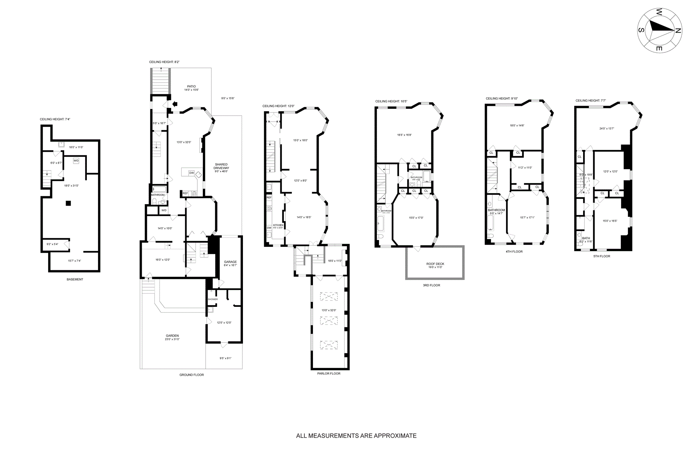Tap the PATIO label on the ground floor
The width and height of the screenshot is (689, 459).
tap(191, 86)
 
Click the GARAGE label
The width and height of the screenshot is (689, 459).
tap(230, 262)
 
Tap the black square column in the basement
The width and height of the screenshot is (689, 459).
tap(68, 203)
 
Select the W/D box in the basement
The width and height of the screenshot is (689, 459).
tap(76, 161)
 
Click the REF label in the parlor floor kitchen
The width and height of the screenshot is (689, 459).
tap(269, 198)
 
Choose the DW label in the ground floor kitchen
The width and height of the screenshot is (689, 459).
tap(192, 173)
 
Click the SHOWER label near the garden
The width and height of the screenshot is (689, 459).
tap(213, 299)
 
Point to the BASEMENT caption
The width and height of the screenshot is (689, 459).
tap(75, 279)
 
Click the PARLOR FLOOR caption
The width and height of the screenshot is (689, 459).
tap(329, 373)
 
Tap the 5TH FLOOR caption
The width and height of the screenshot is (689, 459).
tap(602, 256)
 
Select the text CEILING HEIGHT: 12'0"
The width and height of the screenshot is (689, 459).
tap(278, 106)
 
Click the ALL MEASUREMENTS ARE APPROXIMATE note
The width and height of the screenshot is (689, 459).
tap(356, 436)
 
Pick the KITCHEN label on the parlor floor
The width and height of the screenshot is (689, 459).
tap(278, 225)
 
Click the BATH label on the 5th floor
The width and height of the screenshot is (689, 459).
tap(586, 238)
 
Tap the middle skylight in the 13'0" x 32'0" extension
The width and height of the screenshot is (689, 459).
tap(329, 320)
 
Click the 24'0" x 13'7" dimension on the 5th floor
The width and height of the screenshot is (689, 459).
tap(606, 128)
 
